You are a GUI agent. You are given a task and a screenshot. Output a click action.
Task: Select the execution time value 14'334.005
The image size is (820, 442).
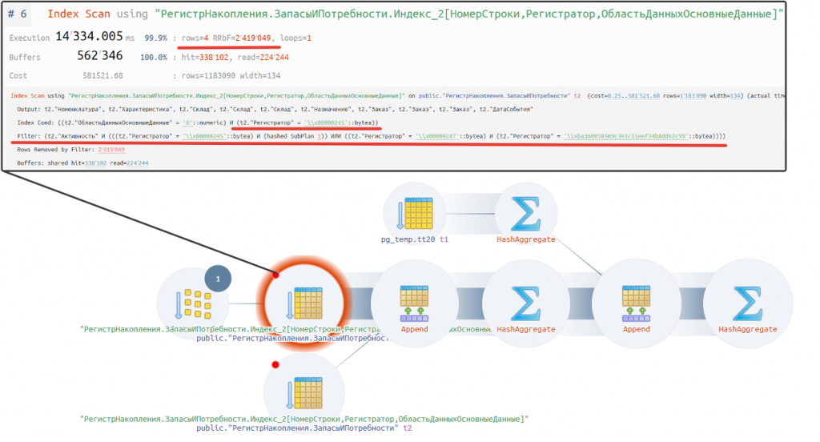pyautogui.click(x=89, y=37)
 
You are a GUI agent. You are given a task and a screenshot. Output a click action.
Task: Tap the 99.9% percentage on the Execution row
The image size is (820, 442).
pyautogui.click(x=156, y=38)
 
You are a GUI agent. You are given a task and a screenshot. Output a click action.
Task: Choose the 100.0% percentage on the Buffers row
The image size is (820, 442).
pyautogui.click(x=156, y=58)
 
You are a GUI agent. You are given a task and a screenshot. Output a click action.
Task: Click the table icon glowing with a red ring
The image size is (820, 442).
pyautogui.click(x=303, y=305)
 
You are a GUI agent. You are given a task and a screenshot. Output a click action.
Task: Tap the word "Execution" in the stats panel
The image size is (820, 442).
pyautogui.click(x=29, y=38)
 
